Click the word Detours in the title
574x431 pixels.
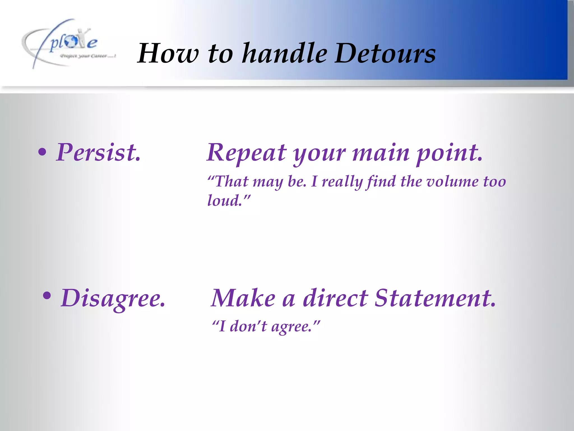[385, 53]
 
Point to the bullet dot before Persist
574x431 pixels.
[42, 152]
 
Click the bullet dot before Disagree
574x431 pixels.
[47, 295]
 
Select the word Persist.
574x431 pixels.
[98, 152]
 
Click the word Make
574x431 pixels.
[243, 298]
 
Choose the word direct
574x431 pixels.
[335, 298]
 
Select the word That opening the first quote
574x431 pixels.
[232, 181]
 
